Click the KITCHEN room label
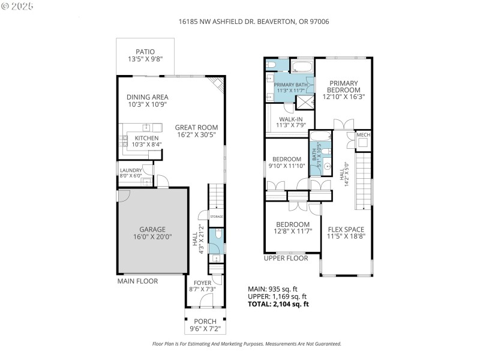(x=146, y=138)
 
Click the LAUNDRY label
(x=131, y=170)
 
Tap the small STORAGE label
(x=216, y=216)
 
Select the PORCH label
(x=205, y=321)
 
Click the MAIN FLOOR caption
(x=137, y=281)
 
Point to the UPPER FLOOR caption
(x=286, y=258)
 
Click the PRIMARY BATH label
(x=290, y=85)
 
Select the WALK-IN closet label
(x=290, y=119)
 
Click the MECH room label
(x=363, y=135)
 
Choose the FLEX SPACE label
(x=346, y=229)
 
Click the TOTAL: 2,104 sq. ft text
(x=278, y=304)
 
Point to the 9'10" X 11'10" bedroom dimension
(x=286, y=166)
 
